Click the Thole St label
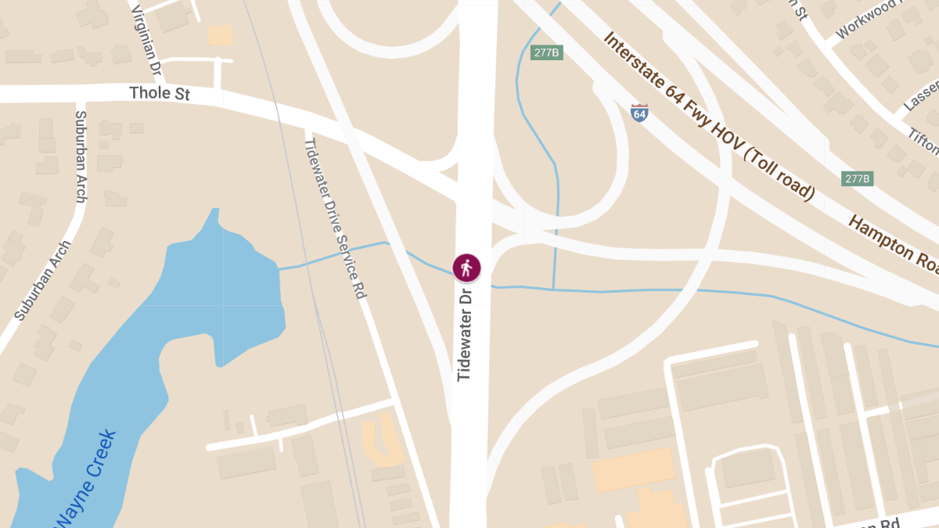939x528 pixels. (160, 94)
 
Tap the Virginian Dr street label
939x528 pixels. (146, 41)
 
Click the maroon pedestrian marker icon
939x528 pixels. (466, 268)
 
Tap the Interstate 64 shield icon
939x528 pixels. (639, 113)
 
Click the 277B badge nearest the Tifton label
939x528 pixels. (858, 178)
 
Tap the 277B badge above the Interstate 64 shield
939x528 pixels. (547, 52)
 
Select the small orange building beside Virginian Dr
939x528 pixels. (221, 34)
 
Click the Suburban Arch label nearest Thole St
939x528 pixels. (80, 156)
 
